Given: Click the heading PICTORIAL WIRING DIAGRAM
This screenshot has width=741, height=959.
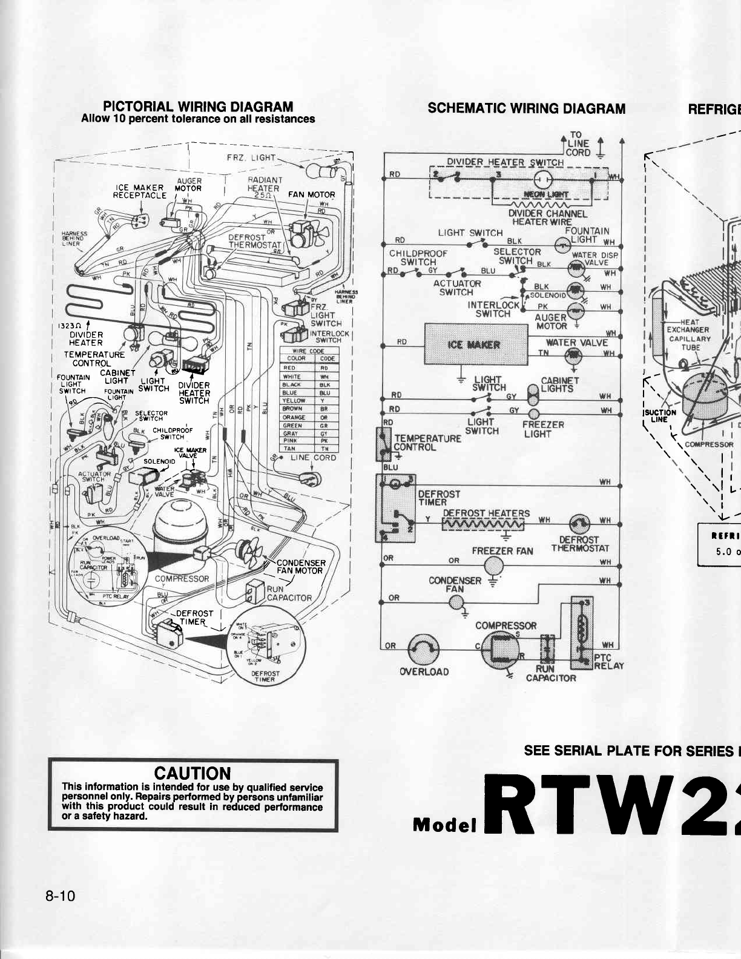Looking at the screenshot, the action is click(x=198, y=107).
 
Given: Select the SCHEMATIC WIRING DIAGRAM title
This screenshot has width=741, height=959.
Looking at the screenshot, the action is click(x=526, y=108).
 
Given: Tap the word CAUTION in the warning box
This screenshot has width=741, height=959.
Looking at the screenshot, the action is click(x=193, y=773).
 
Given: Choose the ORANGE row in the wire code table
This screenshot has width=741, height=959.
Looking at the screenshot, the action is click(x=308, y=417).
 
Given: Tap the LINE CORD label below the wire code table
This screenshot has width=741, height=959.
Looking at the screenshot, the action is click(x=313, y=458).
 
